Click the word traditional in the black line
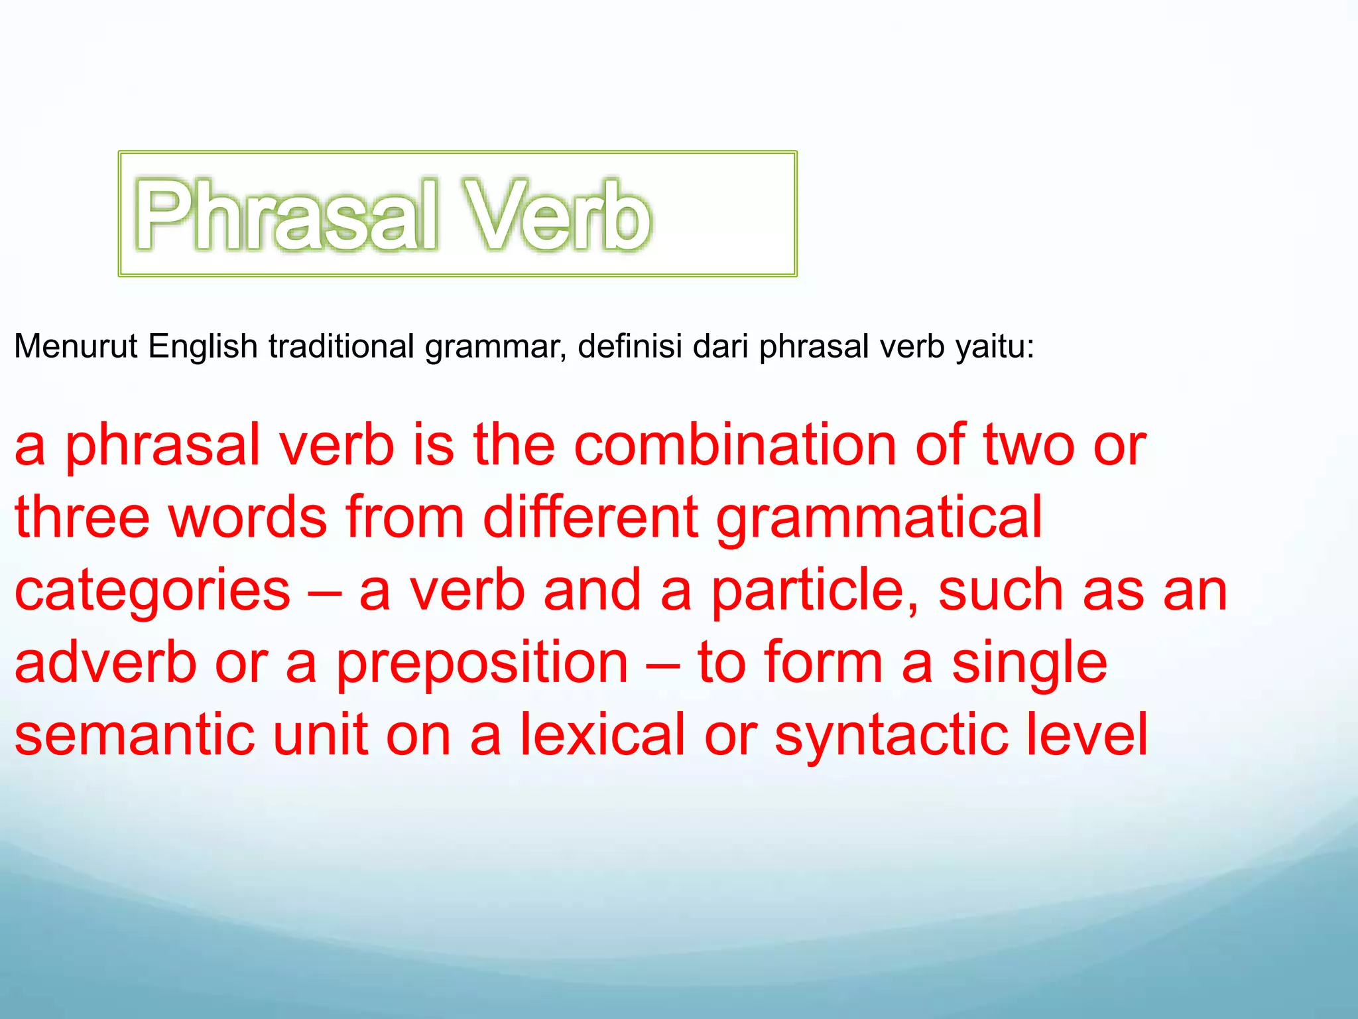pyautogui.click(x=341, y=346)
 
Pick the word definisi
pyautogui.click(x=629, y=346)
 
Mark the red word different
pyautogui.click(x=590, y=517)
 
